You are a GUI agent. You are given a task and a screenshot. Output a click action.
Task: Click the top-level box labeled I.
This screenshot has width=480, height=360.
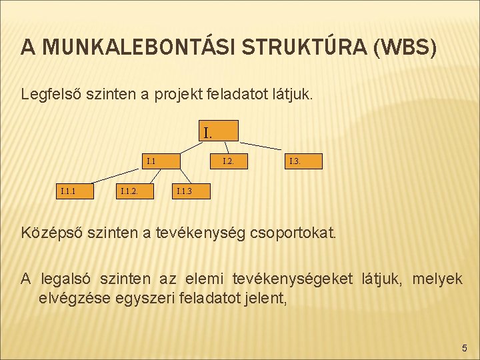(218, 131)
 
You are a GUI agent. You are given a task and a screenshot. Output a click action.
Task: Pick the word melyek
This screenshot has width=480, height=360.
(437, 279)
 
